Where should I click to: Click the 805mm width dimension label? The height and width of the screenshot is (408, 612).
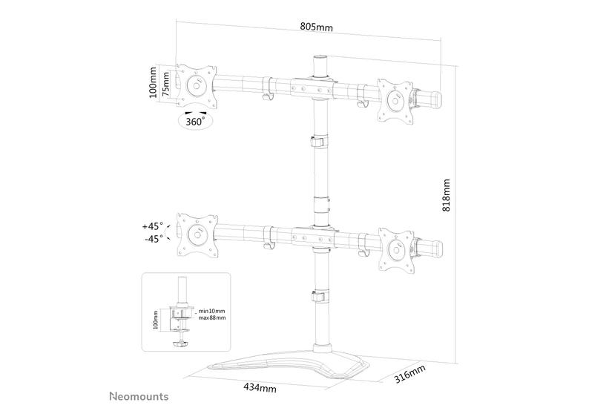tap(316, 27)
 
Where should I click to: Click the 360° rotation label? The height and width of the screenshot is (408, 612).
tap(195, 120)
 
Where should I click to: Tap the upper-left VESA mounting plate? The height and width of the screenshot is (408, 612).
tap(197, 85)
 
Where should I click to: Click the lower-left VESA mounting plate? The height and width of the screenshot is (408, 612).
tap(197, 235)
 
